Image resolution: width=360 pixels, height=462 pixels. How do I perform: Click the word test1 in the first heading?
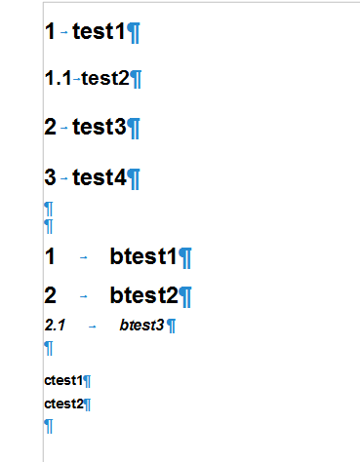[x=99, y=32]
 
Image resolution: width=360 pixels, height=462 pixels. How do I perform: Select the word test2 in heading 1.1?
[x=105, y=78]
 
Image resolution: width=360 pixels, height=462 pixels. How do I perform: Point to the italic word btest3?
[x=141, y=325]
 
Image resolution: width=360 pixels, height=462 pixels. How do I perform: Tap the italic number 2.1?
[x=55, y=325]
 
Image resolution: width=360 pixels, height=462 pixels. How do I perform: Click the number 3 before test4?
[x=51, y=177]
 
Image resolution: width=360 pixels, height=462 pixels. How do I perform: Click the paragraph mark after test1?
[x=135, y=33]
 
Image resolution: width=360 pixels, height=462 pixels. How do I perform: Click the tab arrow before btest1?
[x=85, y=257]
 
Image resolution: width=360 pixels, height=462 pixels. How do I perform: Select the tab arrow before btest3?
[x=92, y=326]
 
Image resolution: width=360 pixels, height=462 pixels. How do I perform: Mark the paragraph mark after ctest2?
[x=87, y=404]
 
